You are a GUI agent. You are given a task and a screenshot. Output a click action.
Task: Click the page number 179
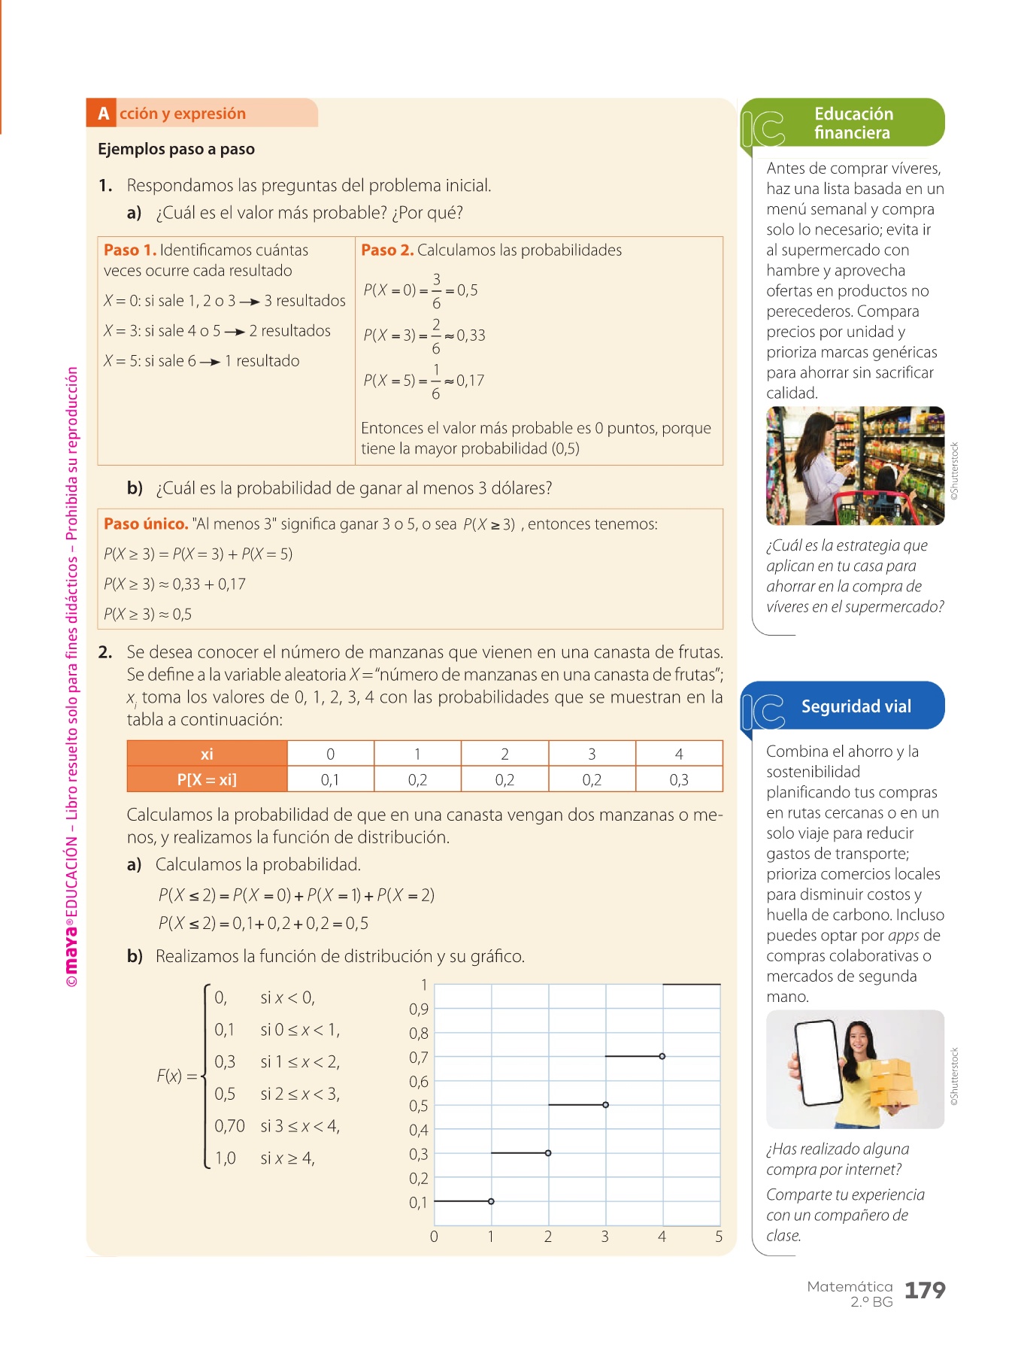[x=924, y=1290]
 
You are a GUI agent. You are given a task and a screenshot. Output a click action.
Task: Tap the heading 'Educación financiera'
[x=853, y=123]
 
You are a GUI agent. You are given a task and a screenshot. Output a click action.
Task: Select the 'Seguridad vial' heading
[x=856, y=706]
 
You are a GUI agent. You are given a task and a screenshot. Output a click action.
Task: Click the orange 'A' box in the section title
[x=103, y=114]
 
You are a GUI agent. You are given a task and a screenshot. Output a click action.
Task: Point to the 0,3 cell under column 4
[x=678, y=780]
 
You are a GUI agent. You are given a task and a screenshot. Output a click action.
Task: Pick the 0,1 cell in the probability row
[x=330, y=780]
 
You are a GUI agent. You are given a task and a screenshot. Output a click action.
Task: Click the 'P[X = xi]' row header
[x=207, y=780]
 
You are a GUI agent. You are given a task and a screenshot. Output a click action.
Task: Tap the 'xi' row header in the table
[x=207, y=754]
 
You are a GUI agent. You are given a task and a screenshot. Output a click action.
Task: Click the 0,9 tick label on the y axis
[x=419, y=1009]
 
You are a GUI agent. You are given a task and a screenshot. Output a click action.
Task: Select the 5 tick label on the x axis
[x=719, y=1237]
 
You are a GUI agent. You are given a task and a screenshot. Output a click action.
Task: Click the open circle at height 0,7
[x=662, y=1056]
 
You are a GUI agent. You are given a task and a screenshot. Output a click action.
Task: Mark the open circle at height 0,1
[x=491, y=1201]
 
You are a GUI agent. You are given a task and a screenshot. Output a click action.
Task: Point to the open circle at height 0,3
[x=547, y=1152]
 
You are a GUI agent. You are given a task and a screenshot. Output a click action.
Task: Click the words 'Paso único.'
[x=146, y=524]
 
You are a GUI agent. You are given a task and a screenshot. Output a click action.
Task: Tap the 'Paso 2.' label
[x=387, y=250]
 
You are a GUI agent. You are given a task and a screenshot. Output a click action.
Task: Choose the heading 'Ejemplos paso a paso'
[x=176, y=149]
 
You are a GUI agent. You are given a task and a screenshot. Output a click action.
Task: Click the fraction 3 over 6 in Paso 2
[x=436, y=291]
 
